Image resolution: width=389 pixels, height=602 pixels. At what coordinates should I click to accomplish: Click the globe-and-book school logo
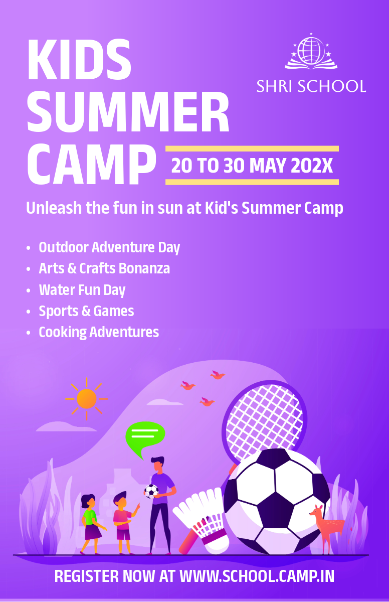pyautogui.click(x=311, y=51)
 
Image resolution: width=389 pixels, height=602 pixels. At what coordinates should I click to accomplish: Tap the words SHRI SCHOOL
pyautogui.click(x=311, y=86)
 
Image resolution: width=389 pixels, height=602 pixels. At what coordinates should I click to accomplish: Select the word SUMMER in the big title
pyautogui.click(x=128, y=112)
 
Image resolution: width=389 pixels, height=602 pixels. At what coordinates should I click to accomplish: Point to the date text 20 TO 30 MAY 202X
pyautogui.click(x=252, y=166)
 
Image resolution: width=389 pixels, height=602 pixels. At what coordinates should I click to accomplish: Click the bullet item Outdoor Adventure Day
pyautogui.click(x=109, y=247)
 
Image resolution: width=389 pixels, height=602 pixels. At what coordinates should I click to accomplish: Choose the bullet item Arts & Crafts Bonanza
pyautogui.click(x=104, y=268)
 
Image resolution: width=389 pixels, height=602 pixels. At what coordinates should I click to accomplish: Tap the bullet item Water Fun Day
pyautogui.click(x=82, y=290)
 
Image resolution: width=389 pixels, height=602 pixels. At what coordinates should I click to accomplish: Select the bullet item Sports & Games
pyautogui.click(x=86, y=311)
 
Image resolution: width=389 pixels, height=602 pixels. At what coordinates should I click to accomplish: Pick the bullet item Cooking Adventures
pyautogui.click(x=99, y=332)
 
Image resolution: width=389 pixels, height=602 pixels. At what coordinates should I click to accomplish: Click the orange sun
pyautogui.click(x=86, y=399)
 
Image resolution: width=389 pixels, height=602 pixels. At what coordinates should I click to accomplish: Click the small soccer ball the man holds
pyautogui.click(x=151, y=491)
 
